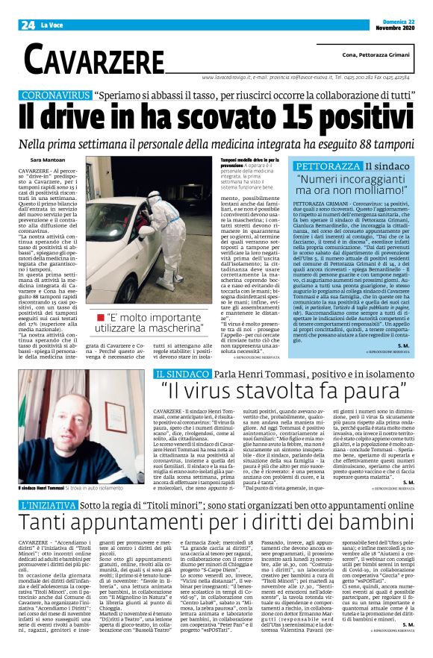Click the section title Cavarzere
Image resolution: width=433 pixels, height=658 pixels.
88,57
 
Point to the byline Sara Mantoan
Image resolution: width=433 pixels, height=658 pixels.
47,160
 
